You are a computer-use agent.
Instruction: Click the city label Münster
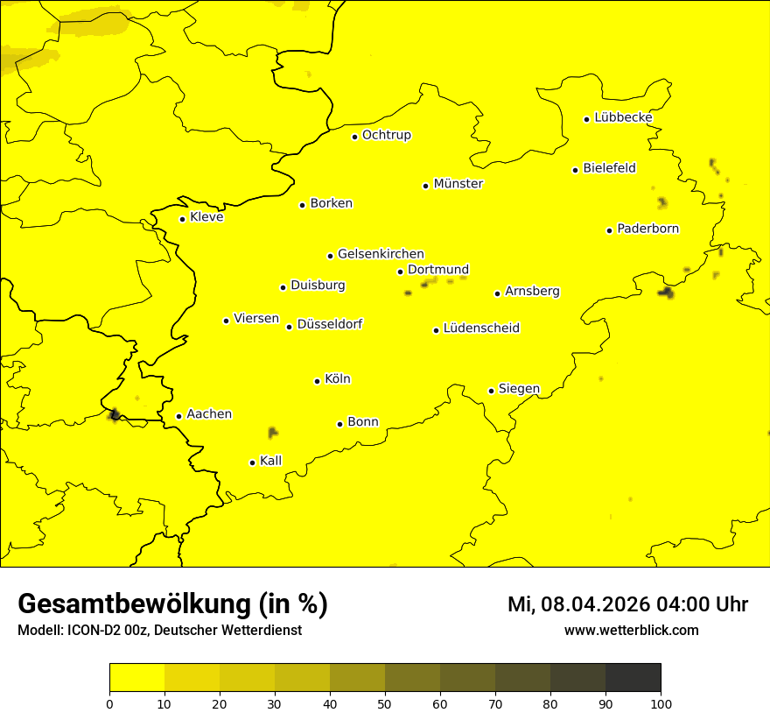pyautogui.click(x=458, y=184)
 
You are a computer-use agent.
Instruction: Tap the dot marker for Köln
pyautogui.click(x=318, y=381)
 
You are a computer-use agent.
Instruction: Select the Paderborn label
pyautogui.click(x=647, y=229)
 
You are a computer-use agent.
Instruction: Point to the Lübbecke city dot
pyautogui.click(x=587, y=119)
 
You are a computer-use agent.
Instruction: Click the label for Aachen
pyautogui.click(x=208, y=414)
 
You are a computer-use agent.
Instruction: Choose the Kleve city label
pyautogui.click(x=206, y=217)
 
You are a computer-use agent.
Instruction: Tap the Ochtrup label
pyautogui.click(x=386, y=135)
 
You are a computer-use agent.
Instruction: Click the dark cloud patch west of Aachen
pyautogui.click(x=115, y=414)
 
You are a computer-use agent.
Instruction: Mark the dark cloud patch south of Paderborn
pyautogui.click(x=668, y=293)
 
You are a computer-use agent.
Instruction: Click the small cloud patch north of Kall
pyautogui.click(x=273, y=432)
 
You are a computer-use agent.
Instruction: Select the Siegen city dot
pyautogui.click(x=492, y=391)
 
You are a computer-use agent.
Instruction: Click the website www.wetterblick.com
pyautogui.click(x=631, y=631)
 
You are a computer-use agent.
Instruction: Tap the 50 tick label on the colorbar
pyautogui.click(x=385, y=703)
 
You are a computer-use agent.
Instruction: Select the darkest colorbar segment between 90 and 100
pyautogui.click(x=633, y=678)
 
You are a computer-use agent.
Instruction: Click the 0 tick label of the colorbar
pyautogui.click(x=109, y=703)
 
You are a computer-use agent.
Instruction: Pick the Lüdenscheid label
pyautogui.click(x=481, y=328)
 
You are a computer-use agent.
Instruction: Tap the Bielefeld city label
pyautogui.click(x=609, y=168)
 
